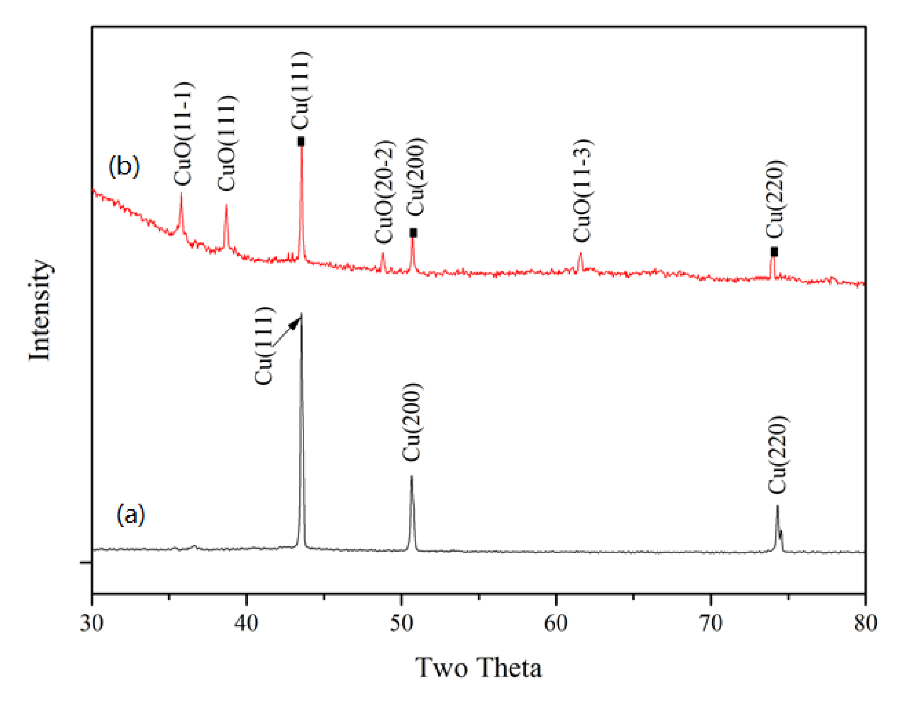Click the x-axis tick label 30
92,623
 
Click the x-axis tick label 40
246,623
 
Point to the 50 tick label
401,623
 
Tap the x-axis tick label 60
556,623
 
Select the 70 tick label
711,623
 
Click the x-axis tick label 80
865,623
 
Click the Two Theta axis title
478,667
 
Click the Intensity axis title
40,310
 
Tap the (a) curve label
131,515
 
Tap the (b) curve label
124,166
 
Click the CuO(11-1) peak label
184,134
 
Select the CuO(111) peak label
227,143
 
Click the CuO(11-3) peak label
582,190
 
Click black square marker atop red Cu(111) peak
301,142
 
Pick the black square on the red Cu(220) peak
774,252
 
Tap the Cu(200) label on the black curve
411,422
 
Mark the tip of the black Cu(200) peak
411,476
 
